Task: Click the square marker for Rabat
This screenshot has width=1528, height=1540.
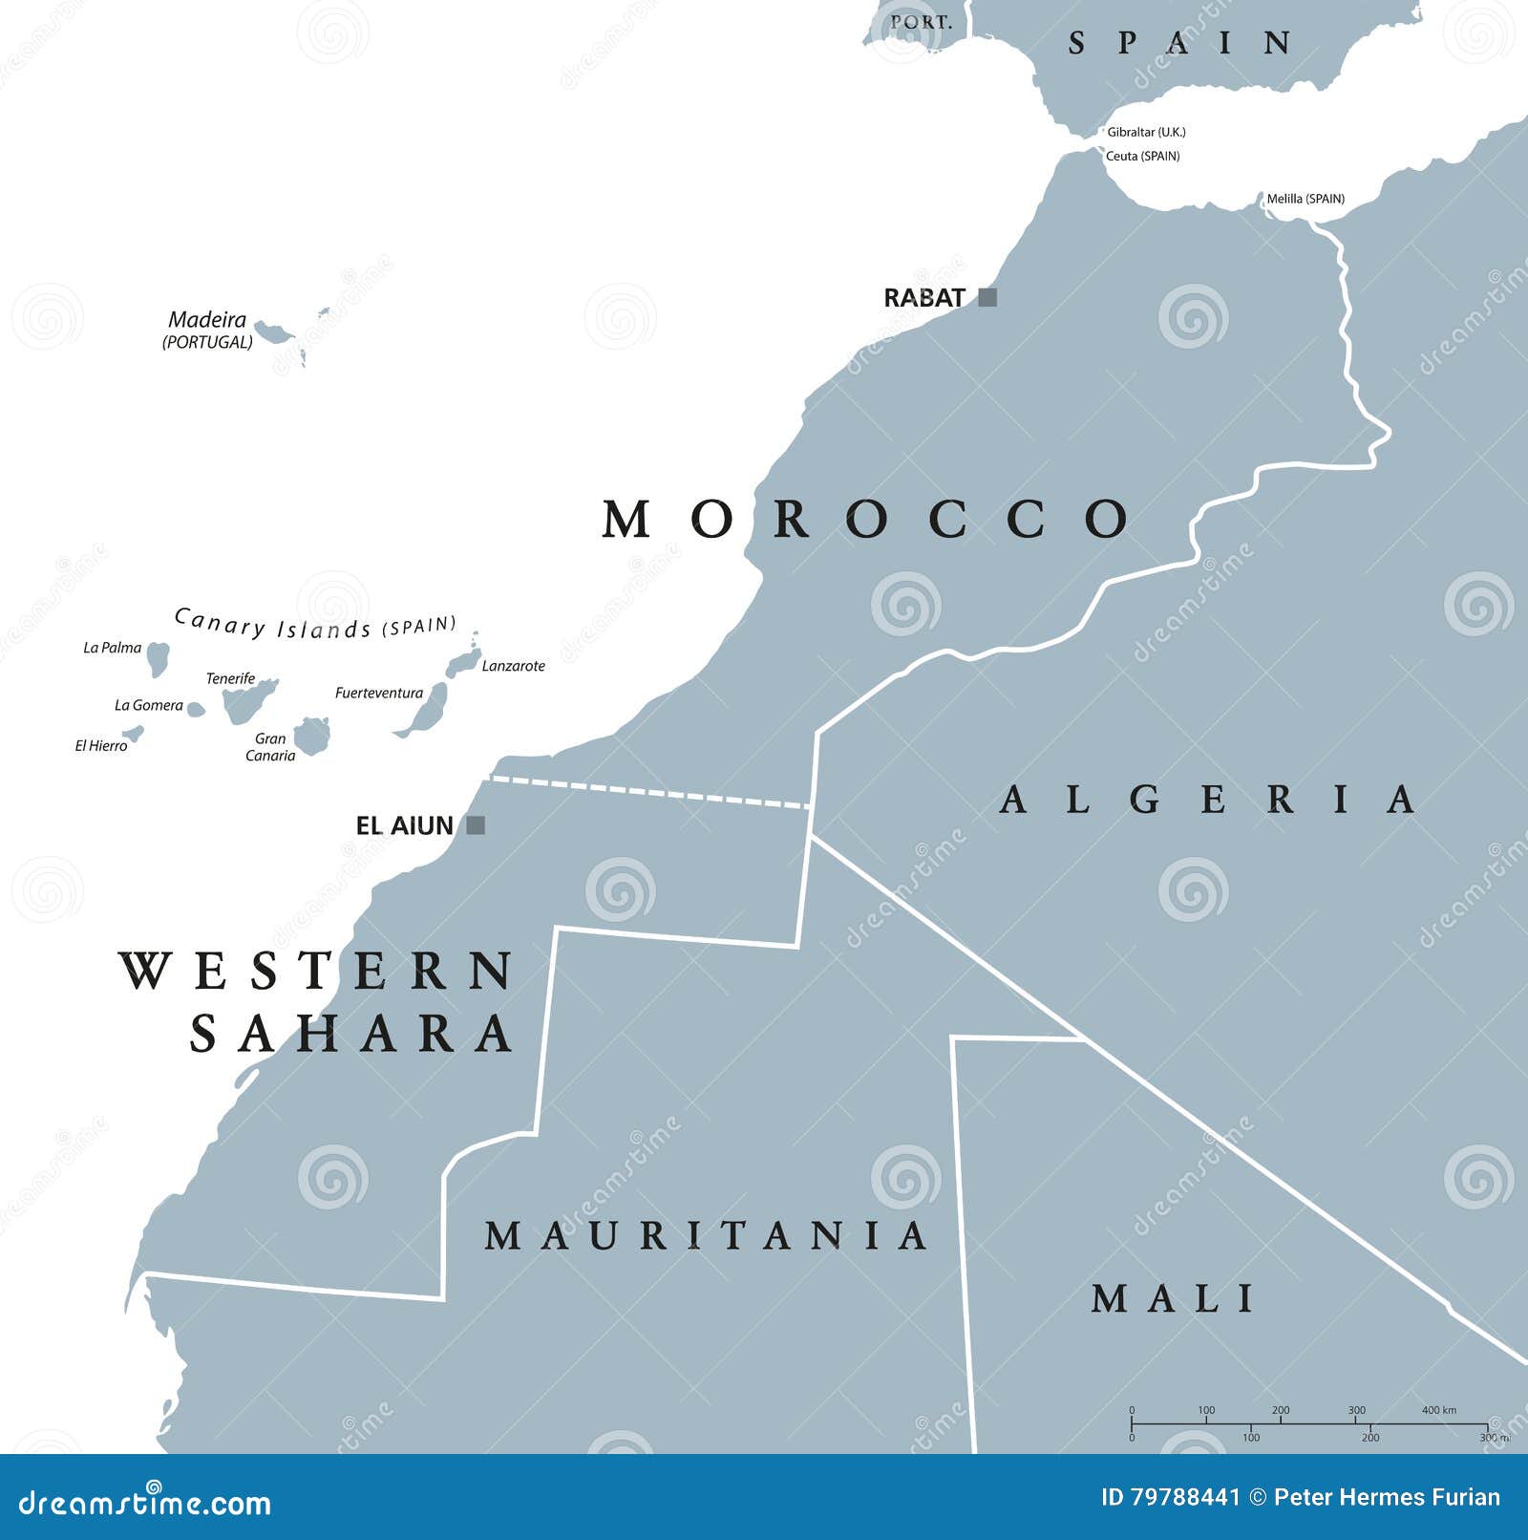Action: (x=987, y=297)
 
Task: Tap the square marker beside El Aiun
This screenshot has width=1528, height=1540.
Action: (x=476, y=824)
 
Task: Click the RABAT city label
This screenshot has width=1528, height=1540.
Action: (x=923, y=298)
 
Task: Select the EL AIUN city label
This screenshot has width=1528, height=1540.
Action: (x=404, y=825)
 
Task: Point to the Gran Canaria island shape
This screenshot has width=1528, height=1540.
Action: (x=311, y=736)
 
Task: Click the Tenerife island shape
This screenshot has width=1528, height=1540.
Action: (x=247, y=700)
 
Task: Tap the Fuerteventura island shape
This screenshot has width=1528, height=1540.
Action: (x=426, y=712)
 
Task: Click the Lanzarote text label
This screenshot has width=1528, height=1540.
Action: (x=513, y=666)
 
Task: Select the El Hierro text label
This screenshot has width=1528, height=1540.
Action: (x=100, y=745)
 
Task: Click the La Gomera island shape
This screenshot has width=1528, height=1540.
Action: (x=195, y=709)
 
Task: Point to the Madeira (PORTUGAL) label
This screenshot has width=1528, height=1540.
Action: (x=207, y=330)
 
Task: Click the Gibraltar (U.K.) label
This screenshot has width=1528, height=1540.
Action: (x=1146, y=132)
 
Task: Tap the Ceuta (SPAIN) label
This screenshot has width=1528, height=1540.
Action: (x=1142, y=156)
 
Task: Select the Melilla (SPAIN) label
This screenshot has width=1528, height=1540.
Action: (x=1305, y=199)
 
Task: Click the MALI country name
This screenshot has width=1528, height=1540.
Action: (x=1173, y=1299)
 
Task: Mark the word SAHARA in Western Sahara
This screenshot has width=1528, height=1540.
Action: (x=351, y=1034)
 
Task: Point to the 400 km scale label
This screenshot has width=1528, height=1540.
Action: (x=1438, y=1410)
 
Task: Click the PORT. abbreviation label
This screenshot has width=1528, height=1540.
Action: (x=921, y=21)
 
